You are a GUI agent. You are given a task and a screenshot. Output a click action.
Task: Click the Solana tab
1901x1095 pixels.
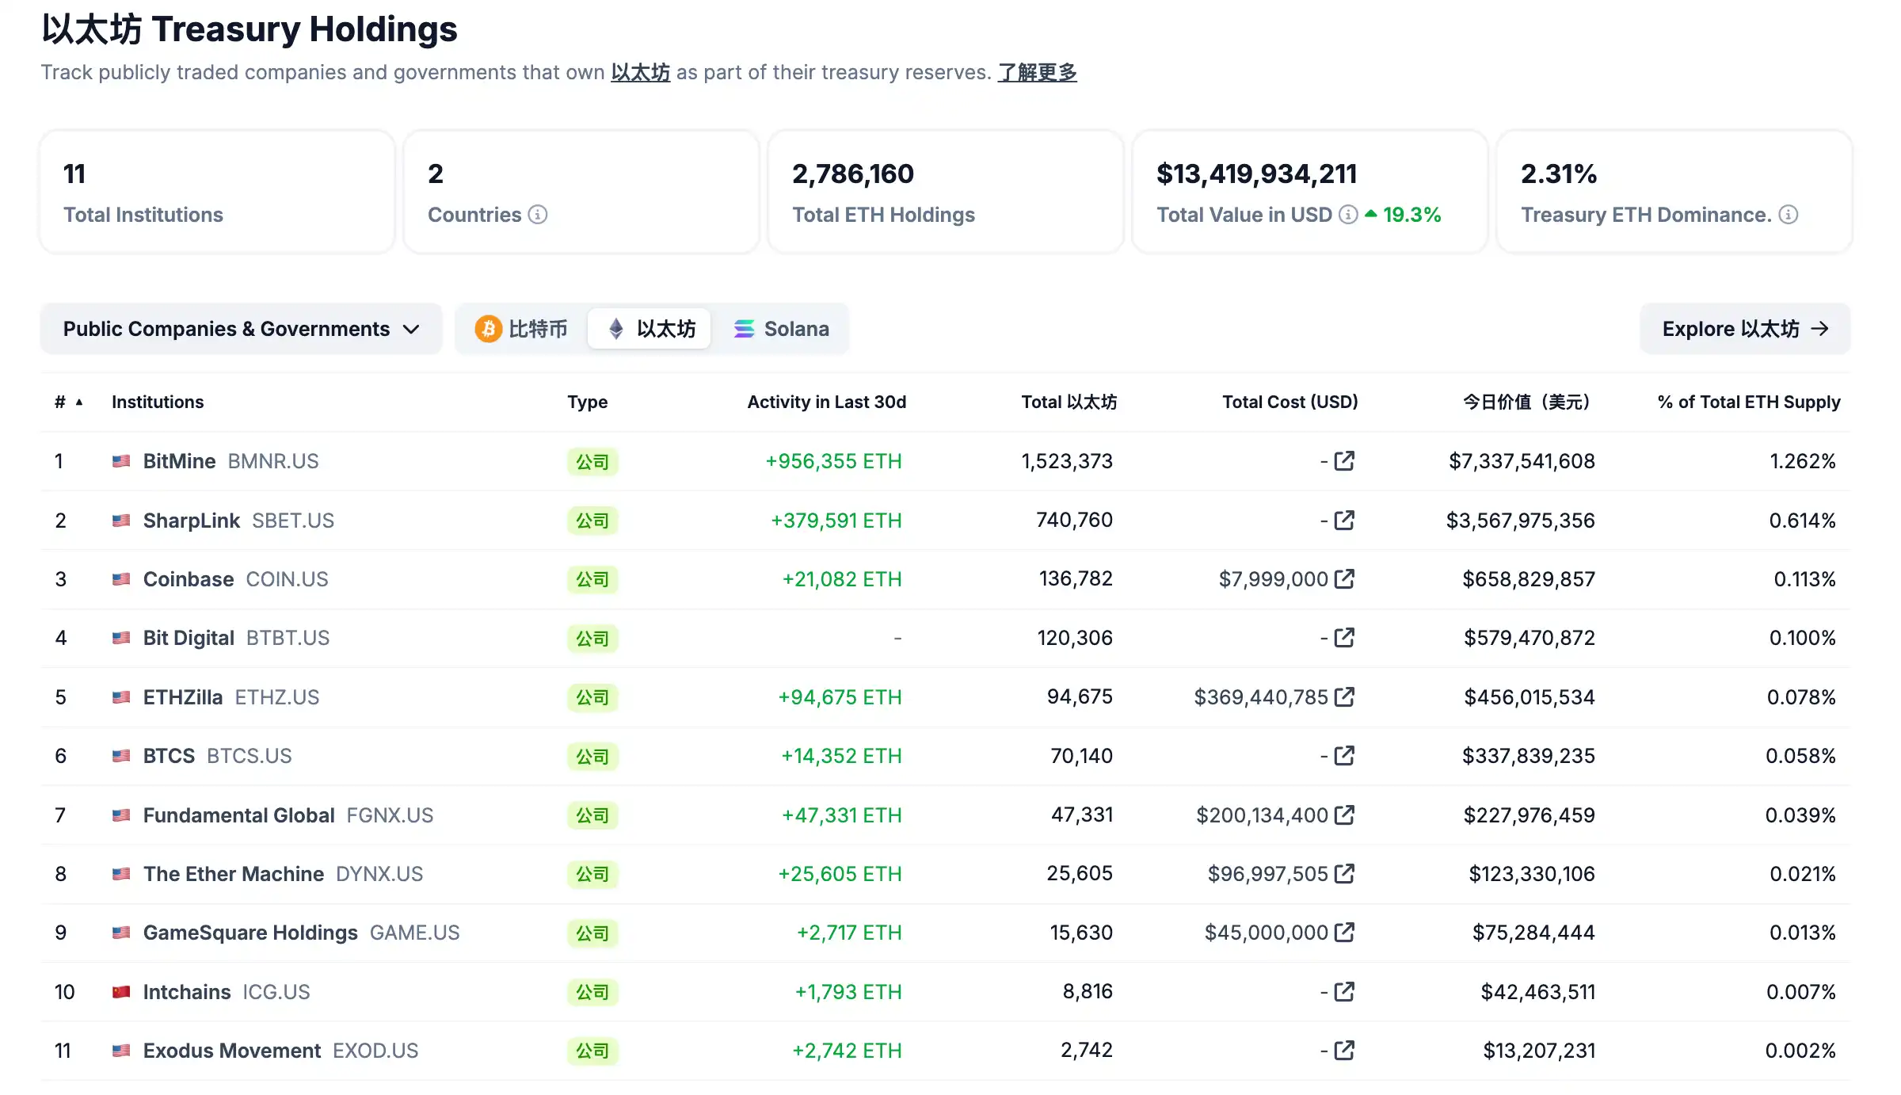pos(781,329)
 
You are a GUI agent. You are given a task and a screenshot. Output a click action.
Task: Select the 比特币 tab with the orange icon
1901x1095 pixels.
pos(521,329)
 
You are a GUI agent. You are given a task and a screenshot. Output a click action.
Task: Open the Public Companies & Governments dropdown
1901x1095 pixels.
pos(241,329)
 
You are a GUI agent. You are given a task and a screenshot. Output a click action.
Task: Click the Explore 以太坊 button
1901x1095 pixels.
pos(1744,329)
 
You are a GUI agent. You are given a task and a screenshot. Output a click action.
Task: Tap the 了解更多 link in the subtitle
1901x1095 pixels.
pos(1037,73)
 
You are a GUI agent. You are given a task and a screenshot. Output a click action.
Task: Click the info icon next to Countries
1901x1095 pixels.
pos(538,215)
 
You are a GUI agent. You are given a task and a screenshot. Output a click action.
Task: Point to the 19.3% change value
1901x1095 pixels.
pos(1411,215)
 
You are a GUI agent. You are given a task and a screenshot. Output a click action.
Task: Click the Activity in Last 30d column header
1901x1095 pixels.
pos(826,402)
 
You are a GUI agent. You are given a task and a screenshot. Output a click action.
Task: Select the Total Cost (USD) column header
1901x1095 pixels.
pos(1290,402)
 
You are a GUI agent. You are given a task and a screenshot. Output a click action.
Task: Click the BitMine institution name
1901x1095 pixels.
pos(179,461)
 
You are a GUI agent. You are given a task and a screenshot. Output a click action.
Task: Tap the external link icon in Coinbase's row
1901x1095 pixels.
pos(1344,579)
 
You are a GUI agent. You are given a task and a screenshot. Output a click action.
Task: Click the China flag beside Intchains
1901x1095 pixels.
pos(121,992)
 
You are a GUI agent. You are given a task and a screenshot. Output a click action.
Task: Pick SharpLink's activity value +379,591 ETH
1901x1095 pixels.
pos(836,521)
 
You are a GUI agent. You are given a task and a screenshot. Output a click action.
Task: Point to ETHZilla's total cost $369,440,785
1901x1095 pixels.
pos(1260,697)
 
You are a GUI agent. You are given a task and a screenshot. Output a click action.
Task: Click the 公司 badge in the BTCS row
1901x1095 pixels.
pos(592,757)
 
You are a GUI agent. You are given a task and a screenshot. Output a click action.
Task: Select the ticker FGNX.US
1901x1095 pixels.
pos(390,815)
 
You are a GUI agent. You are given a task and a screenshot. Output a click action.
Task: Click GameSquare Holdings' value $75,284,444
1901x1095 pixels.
pos(1533,933)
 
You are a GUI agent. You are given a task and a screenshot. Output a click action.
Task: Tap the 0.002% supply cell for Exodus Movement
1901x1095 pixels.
pos(1800,1051)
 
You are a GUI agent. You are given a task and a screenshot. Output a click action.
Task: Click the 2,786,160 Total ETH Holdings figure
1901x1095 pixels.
pos(852,174)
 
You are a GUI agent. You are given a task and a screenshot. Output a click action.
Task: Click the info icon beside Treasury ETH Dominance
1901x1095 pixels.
pos(1789,215)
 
